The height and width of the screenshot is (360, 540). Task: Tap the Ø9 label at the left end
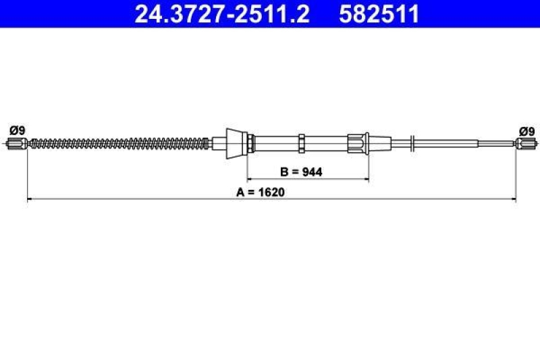coord(17,130)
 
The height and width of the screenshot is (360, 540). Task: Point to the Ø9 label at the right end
coord(526,130)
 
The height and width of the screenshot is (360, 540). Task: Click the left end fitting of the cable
coord(17,143)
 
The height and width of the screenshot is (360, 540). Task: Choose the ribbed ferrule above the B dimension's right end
coord(358,143)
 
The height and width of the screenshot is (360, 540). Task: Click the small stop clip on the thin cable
coord(412,143)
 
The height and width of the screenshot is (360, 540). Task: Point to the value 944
coord(313,172)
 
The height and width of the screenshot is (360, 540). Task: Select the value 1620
coord(273,192)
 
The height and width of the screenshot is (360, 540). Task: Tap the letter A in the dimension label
coord(240,192)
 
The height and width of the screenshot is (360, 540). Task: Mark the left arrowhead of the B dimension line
coord(250,180)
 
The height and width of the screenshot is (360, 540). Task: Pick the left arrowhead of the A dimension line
coord(30,199)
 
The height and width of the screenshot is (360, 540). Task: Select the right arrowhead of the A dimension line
coord(513,199)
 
